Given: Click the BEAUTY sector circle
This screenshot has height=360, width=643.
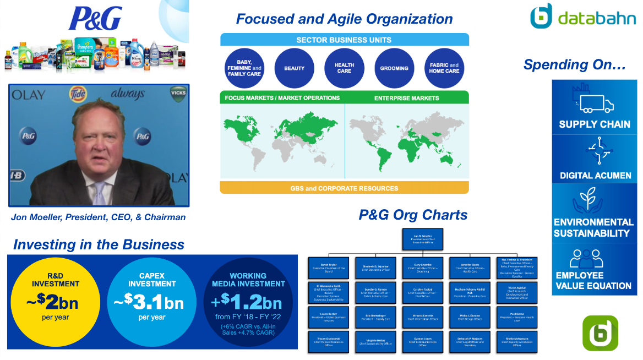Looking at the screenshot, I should pyautogui.click(x=295, y=68).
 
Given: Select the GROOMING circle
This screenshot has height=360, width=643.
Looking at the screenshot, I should pyautogui.click(x=394, y=68).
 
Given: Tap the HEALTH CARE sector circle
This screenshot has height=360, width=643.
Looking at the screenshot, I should pyautogui.click(x=344, y=68).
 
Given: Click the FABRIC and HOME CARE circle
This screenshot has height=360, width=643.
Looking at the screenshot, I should pyautogui.click(x=444, y=68).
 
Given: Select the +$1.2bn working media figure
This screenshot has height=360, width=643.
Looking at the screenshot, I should pyautogui.click(x=248, y=303).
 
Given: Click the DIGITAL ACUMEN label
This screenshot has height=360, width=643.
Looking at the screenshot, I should pyautogui.click(x=595, y=176).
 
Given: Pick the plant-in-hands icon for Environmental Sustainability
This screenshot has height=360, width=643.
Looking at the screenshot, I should pyautogui.click(x=595, y=200).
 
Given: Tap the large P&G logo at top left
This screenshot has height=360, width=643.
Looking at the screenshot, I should pyautogui.click(x=95, y=19).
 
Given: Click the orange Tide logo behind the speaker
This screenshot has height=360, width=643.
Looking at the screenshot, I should pyautogui.click(x=78, y=94).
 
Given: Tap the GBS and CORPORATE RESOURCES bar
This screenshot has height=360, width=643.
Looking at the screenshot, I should pyautogui.click(x=344, y=188).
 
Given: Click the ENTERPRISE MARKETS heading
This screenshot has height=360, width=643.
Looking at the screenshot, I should pyautogui.click(x=407, y=98).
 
